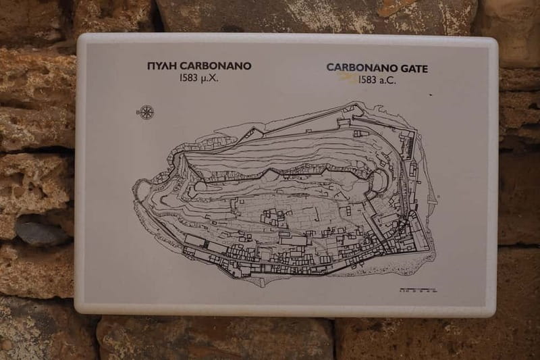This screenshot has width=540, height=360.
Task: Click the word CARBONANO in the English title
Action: pyautogui.click(x=363, y=68)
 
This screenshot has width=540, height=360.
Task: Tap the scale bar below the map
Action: pyautogui.click(x=414, y=290)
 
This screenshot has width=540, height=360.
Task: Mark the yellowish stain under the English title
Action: pyautogui.click(x=349, y=78)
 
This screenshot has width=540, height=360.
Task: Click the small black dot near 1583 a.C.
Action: pyautogui.click(x=431, y=95)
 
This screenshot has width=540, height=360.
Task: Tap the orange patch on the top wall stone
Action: pyautogui.click(x=391, y=8)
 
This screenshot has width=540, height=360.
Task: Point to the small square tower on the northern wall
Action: pyautogui.click(x=344, y=122)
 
